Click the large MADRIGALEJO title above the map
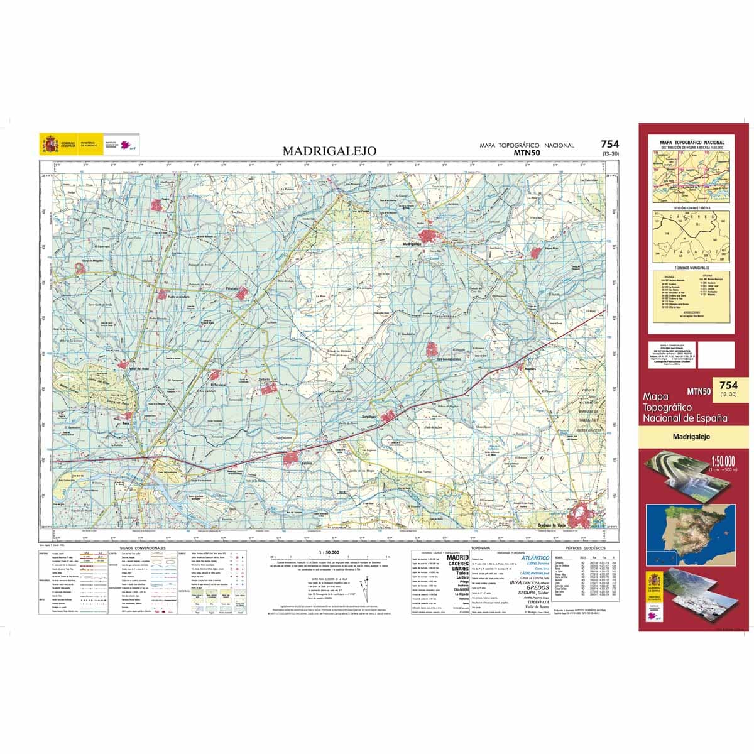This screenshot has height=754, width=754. [329, 151]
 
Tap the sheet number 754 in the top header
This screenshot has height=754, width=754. [609, 144]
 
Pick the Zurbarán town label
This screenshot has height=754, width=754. [263, 380]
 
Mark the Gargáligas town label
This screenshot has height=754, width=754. [366, 417]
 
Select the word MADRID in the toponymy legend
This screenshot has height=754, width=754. [457, 558]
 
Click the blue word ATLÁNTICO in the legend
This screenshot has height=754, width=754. [535, 558]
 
